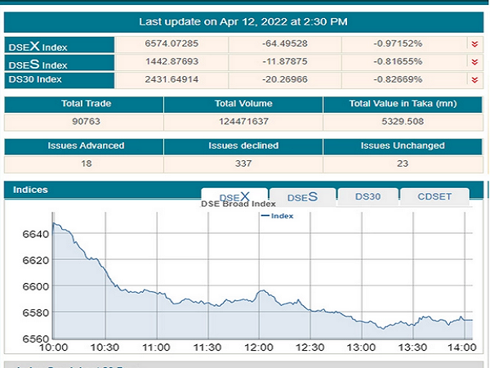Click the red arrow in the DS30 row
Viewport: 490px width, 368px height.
pyautogui.click(x=474, y=79)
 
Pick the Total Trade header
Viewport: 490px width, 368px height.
pyautogui.click(x=85, y=105)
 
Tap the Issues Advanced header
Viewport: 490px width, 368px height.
pyautogui.click(x=85, y=146)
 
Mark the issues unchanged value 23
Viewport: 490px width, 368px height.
pyautogui.click(x=403, y=164)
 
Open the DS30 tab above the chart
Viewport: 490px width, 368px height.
pyautogui.click(x=367, y=196)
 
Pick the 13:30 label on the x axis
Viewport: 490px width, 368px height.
pyautogui.click(x=412, y=348)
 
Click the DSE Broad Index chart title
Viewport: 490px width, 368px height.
pyautogui.click(x=238, y=204)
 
